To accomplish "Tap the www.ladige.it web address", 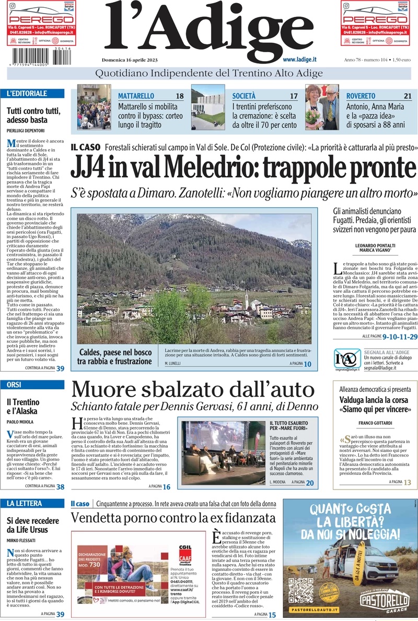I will click(304, 61).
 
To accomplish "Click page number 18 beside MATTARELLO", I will click(179, 96).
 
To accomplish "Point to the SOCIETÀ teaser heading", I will click(244, 96).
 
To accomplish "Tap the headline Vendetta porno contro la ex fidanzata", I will click(173, 518).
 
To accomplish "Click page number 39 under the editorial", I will click(61, 368).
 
